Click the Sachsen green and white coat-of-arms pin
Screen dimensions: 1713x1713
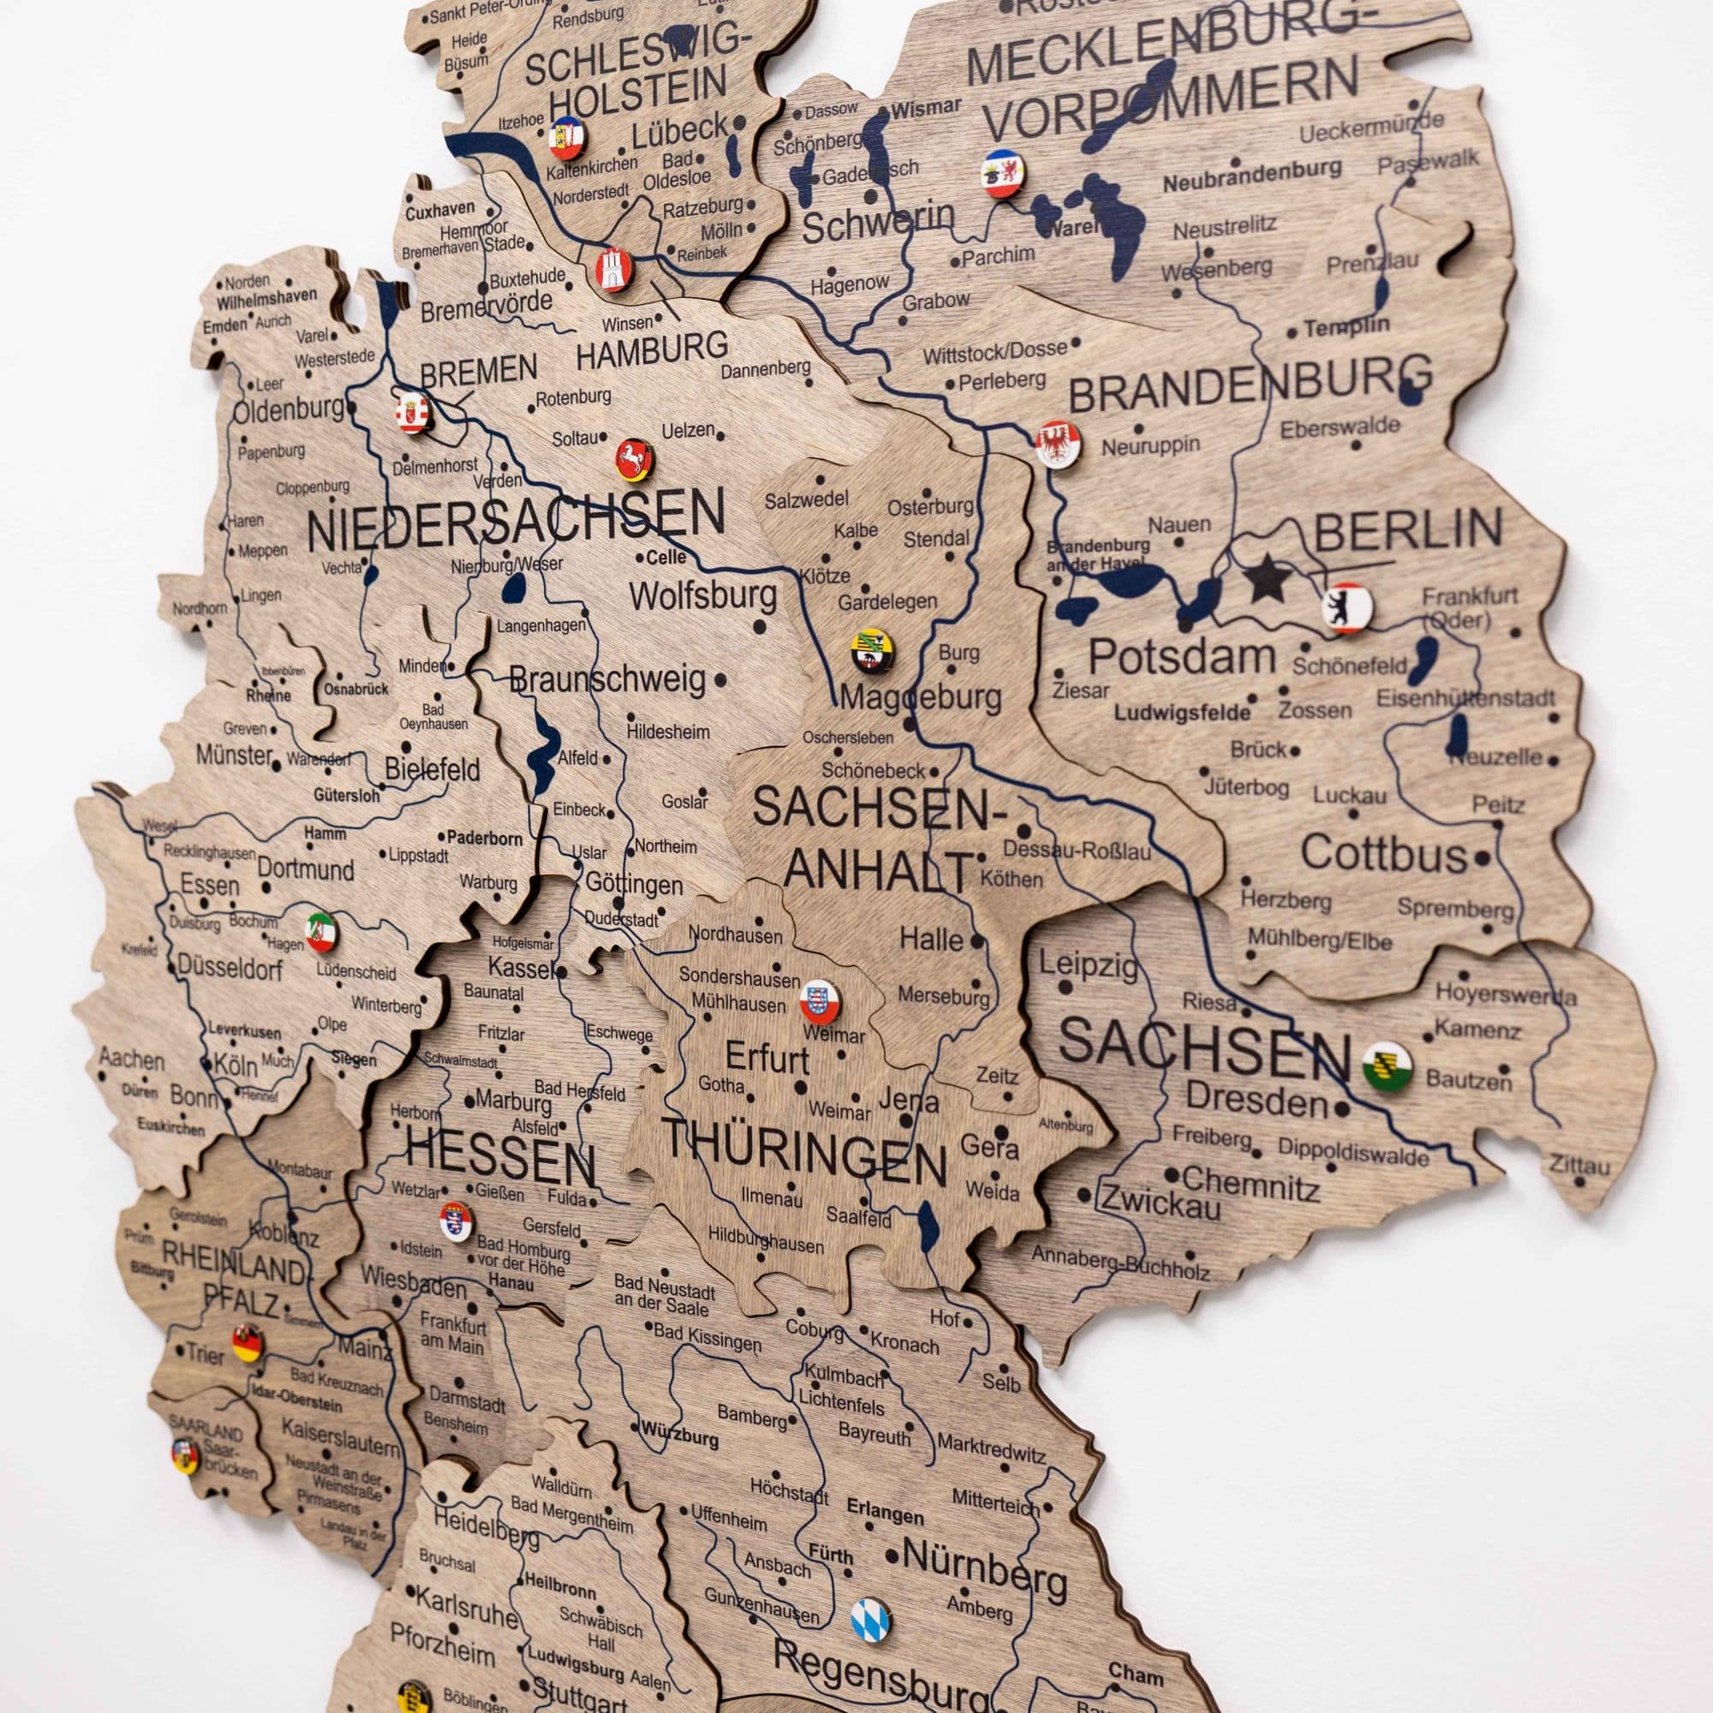[1387, 1065]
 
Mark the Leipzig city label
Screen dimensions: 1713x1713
[1087, 964]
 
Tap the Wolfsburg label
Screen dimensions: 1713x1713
[703, 596]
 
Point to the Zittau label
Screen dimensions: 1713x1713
[1579, 1164]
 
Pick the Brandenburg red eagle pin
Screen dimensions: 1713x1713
[1059, 443]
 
